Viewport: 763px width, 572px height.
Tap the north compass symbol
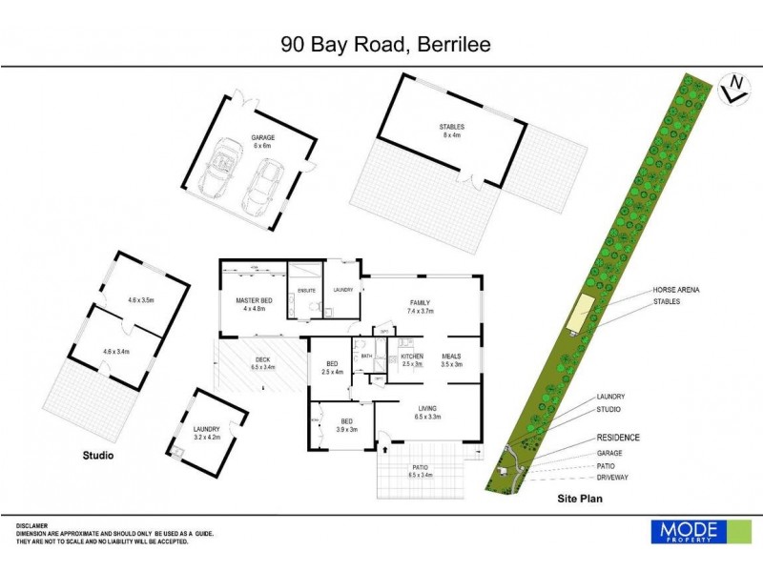coord(733,87)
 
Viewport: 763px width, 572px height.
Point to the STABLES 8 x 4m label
coord(450,131)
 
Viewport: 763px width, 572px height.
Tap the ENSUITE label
coord(307,291)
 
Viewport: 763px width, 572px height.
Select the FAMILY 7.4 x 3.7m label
coord(421,305)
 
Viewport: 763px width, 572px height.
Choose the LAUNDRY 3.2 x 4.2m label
coord(206,434)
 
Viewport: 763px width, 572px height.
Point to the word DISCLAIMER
coord(32,525)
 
